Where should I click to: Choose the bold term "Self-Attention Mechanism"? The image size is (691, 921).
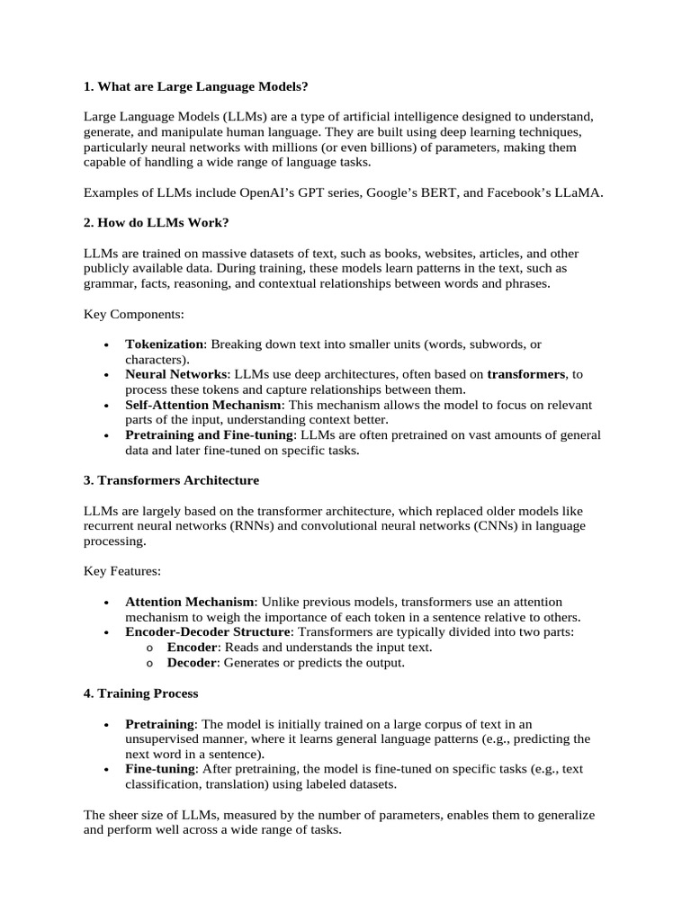202,405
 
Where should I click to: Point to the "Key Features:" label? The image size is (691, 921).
121,571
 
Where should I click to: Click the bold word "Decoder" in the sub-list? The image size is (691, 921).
192,663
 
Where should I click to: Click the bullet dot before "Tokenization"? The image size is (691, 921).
107,345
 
